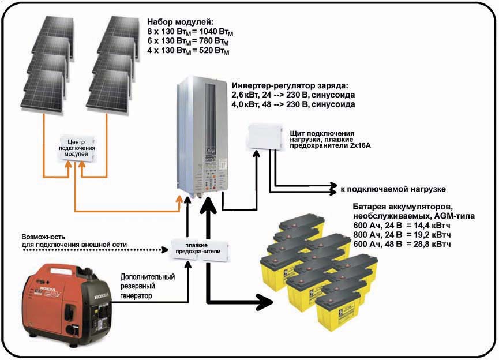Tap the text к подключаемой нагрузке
pyautogui.click(x=393, y=189)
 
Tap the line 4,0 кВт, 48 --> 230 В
pyautogui.click(x=292, y=104)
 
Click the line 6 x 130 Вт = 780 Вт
pyautogui.click(x=188, y=42)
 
